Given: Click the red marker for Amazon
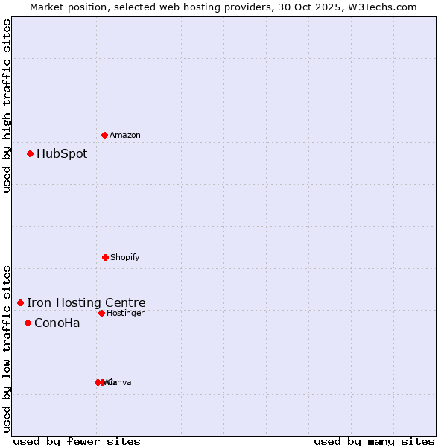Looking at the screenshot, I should click(x=104, y=135).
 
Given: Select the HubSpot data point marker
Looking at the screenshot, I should click(x=30, y=153).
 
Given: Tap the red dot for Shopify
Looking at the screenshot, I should click(x=105, y=257).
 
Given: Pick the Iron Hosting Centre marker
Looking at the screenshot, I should click(x=20, y=302).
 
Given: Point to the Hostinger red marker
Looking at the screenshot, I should click(x=101, y=313).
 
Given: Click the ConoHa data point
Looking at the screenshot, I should click(x=28, y=323).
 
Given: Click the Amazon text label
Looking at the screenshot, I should click(x=125, y=135).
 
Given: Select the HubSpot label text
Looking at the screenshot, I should click(x=62, y=154).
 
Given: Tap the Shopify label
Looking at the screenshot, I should click(x=125, y=257).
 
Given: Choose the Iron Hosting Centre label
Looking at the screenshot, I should click(x=86, y=302).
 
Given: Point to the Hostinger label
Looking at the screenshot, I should click(x=125, y=313).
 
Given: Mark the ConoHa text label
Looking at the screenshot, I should click(x=57, y=323).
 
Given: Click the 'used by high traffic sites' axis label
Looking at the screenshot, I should click(x=7, y=105).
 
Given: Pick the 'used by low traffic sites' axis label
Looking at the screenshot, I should click(x=7, y=349).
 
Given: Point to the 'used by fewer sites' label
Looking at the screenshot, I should click(x=76, y=441).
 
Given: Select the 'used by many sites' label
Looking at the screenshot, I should click(x=374, y=441).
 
